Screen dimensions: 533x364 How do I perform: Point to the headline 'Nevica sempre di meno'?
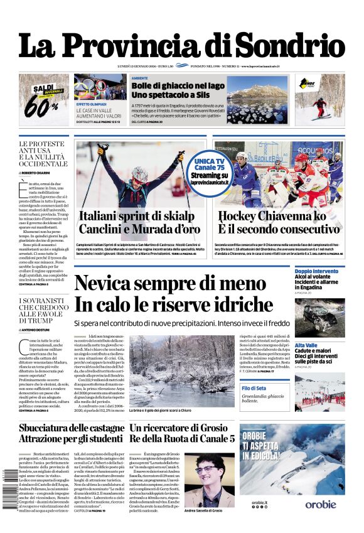click(169, 284)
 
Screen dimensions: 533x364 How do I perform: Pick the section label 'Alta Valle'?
click(306, 345)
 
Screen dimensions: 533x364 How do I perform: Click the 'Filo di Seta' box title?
click(308, 389)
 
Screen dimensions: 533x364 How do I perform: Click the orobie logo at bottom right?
click(321, 505)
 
